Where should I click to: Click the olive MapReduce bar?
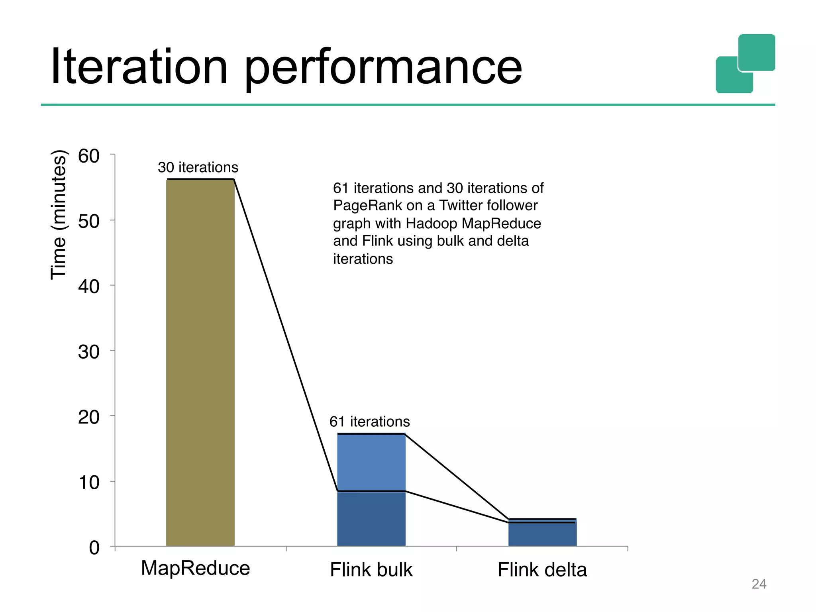[200, 363]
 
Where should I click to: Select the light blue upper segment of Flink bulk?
[371, 462]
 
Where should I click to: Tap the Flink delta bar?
[542, 534]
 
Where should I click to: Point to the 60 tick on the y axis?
[89, 156]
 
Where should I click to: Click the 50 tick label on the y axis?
[89, 222]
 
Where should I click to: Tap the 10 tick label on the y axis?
[89, 483]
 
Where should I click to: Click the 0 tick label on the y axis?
[94, 548]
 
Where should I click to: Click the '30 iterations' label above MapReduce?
[198, 167]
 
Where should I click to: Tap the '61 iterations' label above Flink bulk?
[369, 422]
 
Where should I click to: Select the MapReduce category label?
[195, 568]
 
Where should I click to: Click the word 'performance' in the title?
[382, 68]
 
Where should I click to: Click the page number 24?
[759, 584]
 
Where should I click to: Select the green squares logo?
[745, 64]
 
